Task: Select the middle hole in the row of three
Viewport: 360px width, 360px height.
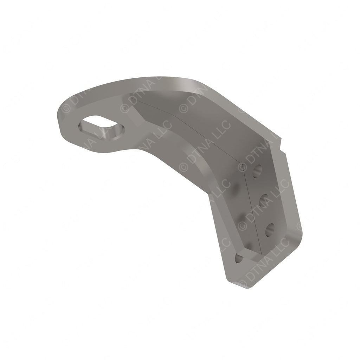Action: tap(264, 201)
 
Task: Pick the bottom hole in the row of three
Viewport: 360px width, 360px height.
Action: tap(270, 230)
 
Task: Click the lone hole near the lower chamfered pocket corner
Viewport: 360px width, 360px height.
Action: tap(239, 259)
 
